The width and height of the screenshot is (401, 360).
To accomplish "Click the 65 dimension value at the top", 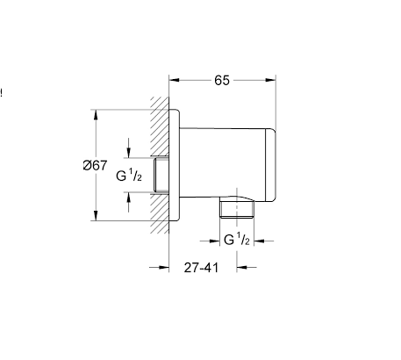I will [221, 80].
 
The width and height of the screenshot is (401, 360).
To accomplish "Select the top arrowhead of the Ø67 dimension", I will [96, 114].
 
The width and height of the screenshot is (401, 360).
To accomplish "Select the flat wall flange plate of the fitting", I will [175, 165].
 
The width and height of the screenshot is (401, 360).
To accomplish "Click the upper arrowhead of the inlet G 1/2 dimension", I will [129, 155].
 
